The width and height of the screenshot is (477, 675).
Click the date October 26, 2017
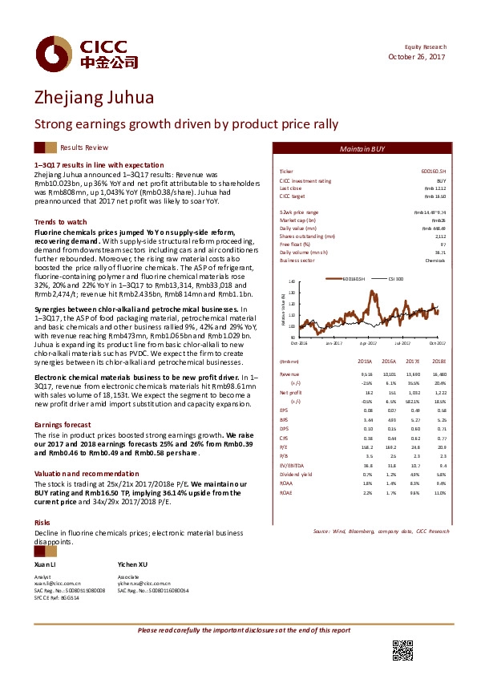point(416,57)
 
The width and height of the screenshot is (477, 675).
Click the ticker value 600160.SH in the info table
point(434,172)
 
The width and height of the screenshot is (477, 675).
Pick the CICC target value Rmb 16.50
point(434,196)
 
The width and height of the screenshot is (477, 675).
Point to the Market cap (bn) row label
point(297,220)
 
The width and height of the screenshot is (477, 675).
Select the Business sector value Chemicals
point(435,261)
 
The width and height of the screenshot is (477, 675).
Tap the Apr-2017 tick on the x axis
point(368,342)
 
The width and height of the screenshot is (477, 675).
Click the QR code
point(402,650)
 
